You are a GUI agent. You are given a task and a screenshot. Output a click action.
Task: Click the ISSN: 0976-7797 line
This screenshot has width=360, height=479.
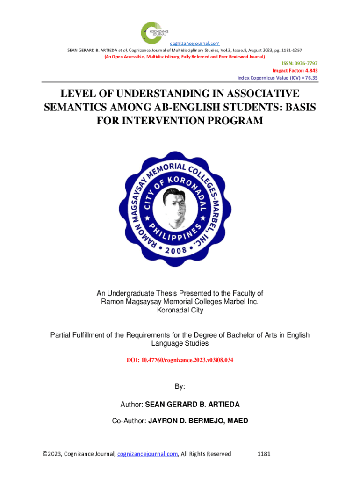tap(299, 63)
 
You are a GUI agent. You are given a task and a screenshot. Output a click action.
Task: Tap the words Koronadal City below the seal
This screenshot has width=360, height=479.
tap(180, 310)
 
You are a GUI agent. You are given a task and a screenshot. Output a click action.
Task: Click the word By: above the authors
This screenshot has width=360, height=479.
tap(180, 387)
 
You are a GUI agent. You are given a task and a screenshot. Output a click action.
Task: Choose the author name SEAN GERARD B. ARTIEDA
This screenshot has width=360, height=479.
tap(193, 404)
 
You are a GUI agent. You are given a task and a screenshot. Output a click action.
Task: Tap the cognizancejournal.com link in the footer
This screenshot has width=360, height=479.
tap(147, 454)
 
